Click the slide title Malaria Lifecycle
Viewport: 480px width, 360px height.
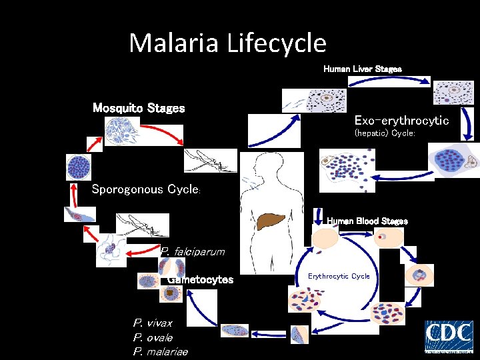[227, 43]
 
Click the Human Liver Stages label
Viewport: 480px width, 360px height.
[362, 69]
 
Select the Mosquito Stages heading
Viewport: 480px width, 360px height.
[139, 108]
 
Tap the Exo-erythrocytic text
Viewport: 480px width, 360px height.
[401, 121]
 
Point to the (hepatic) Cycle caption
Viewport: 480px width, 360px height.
[385, 133]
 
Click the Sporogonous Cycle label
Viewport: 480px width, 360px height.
[145, 189]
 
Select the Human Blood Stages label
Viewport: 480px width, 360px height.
[367, 221]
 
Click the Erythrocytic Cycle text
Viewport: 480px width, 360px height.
[339, 276]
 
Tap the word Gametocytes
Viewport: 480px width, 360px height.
[201, 280]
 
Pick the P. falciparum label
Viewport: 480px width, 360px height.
[193, 252]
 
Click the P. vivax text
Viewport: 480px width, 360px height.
[153, 323]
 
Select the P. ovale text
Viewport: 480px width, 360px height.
[153, 337]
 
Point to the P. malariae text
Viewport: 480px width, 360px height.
[161, 352]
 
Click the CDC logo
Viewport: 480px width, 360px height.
[449, 336]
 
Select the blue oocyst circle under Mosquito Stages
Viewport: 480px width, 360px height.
[79, 167]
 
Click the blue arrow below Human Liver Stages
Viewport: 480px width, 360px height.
[389, 81]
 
